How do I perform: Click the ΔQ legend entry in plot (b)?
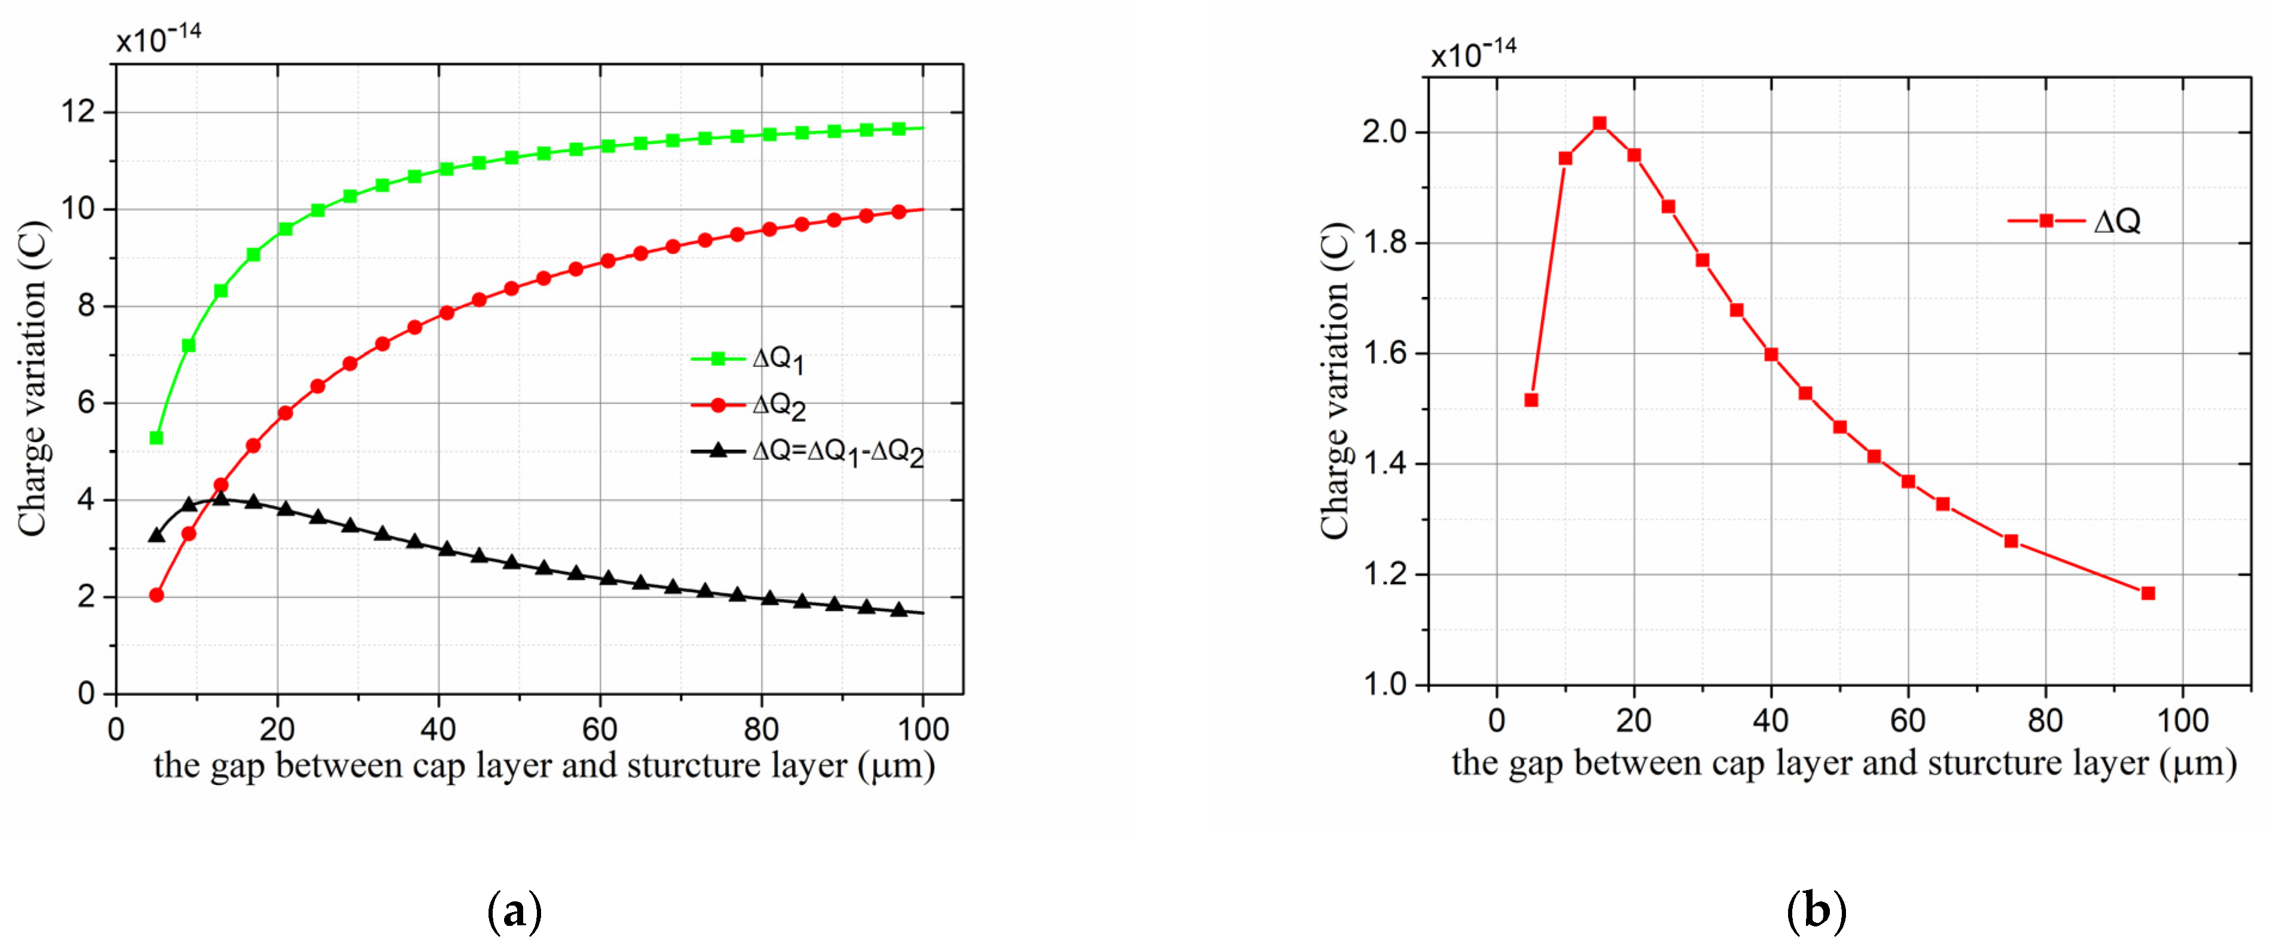click(2075, 220)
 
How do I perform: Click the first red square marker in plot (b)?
click(1531, 400)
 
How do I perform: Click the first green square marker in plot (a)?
click(156, 438)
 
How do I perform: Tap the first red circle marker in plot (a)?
click(156, 595)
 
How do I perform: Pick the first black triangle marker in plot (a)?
click(156, 536)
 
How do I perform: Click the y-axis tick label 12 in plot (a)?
click(78, 112)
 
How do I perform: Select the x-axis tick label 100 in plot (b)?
click(2182, 721)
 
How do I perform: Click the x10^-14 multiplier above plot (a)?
click(159, 38)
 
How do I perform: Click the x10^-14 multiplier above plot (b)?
click(1473, 53)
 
